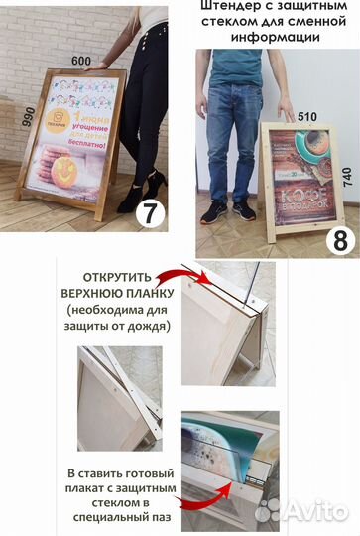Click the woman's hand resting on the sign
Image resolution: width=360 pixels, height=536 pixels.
pos(107,67)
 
